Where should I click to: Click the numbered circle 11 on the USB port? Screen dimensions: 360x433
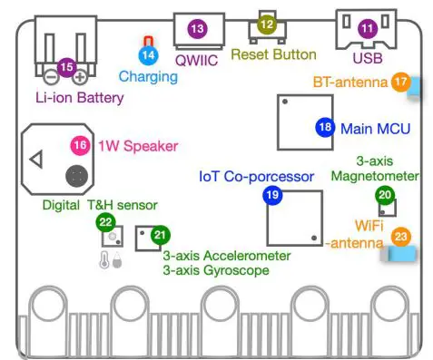366,29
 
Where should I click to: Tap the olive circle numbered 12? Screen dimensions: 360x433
266,25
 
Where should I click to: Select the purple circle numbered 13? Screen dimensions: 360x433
197,29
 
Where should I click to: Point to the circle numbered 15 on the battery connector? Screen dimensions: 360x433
65,66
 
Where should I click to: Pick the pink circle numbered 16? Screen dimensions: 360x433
80,144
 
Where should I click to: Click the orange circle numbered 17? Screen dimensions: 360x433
400,82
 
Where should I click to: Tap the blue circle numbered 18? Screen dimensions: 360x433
325,128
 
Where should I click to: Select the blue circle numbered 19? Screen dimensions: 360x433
271,194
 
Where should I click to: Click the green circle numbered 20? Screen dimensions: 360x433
385,194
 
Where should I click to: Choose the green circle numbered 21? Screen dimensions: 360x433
160,234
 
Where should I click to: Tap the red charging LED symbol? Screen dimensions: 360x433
148,41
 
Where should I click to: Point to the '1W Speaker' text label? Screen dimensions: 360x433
136,145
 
